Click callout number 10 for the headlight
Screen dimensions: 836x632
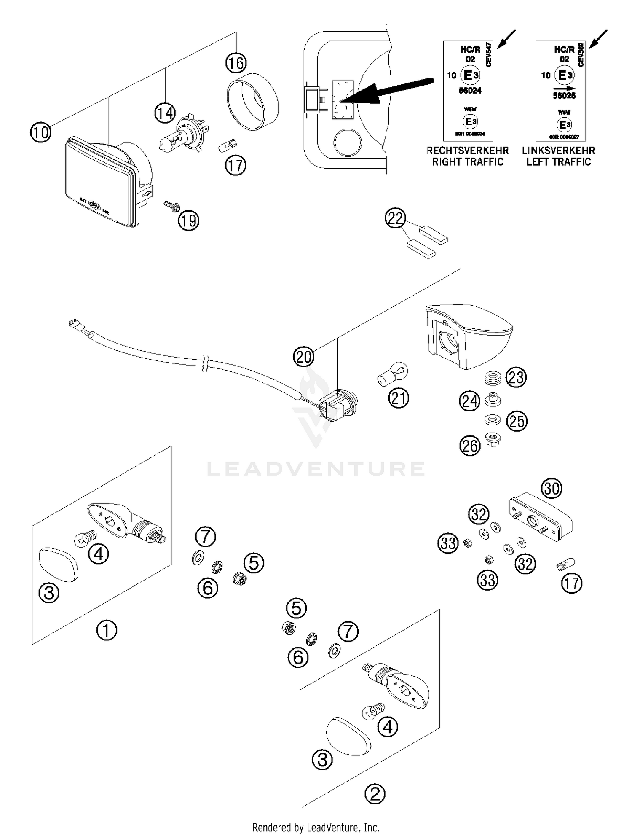pos(41,132)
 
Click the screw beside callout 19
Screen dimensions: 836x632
pos(171,206)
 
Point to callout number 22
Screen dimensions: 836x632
pos(395,218)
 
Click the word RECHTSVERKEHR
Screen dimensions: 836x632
pos(468,151)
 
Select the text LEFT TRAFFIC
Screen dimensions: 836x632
pos(558,162)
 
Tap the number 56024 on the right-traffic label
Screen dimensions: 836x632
pos(470,90)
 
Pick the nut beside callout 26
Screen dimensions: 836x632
pos(493,440)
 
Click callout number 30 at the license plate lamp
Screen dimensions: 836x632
pos(552,488)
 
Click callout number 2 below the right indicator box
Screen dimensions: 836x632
pos(375,794)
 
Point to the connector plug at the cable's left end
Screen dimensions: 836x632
pos(74,325)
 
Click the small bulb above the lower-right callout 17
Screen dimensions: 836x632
pos(566,563)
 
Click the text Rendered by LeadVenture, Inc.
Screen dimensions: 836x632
pos(316,827)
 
